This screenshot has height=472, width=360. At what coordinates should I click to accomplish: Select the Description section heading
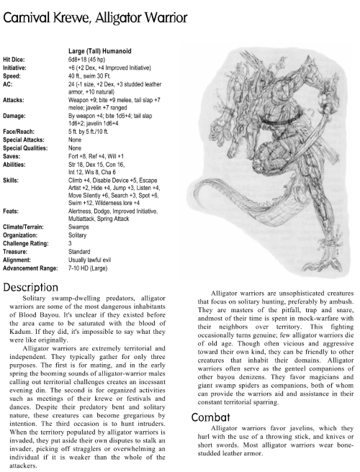click(37, 288)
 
